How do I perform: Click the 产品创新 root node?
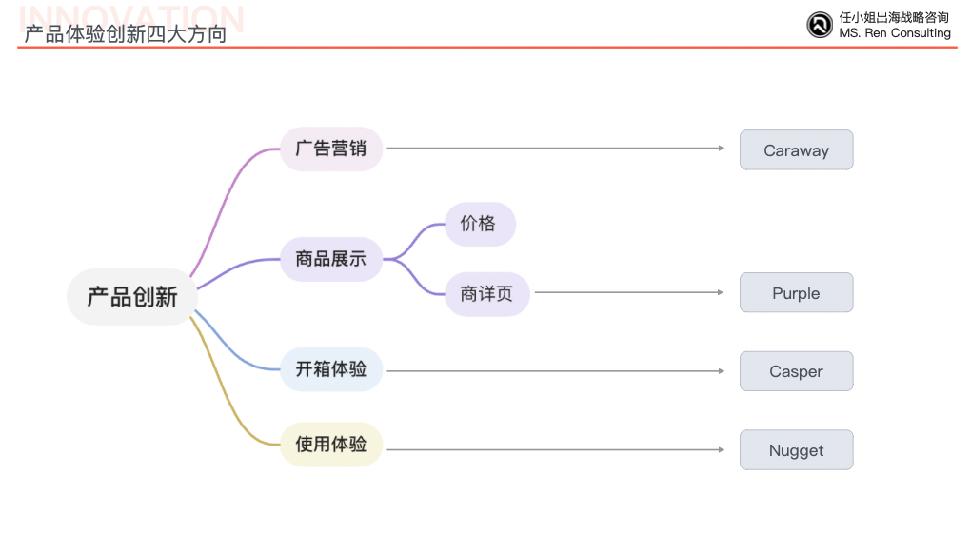[132, 297]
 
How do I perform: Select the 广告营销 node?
[331, 149]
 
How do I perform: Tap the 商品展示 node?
[331, 259]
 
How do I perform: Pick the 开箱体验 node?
[331, 369]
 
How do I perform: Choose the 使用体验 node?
[331, 445]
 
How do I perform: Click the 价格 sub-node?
[479, 224]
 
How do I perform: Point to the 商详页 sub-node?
[486, 294]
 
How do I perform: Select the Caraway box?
[796, 150]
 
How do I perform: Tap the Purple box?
[796, 293]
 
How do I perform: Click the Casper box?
[796, 371]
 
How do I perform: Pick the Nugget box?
[796, 450]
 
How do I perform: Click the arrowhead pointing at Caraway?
[721, 149]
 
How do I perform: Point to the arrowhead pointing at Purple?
[721, 292]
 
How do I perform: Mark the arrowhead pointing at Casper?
[721, 371]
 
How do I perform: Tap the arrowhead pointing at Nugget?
[721, 449]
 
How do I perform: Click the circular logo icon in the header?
[820, 25]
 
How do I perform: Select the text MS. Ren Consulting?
[895, 33]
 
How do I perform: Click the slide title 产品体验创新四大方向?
[126, 35]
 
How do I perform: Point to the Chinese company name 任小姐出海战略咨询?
[894, 17]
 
